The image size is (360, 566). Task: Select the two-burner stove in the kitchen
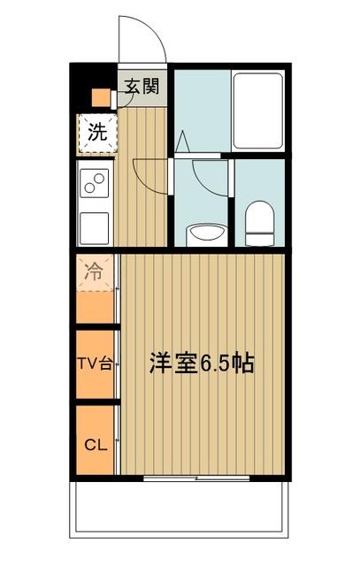click(x=94, y=184)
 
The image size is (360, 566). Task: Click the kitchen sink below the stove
click(x=94, y=227)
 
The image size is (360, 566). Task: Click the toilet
click(x=260, y=223)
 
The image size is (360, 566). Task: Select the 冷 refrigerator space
click(x=94, y=273)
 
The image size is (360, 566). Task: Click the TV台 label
click(x=94, y=364)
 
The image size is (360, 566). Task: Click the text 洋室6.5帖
click(x=201, y=363)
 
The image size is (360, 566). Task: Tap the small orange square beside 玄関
click(x=101, y=97)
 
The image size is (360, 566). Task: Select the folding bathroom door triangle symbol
click(x=181, y=141)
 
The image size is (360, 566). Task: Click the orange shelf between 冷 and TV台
click(x=94, y=308)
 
